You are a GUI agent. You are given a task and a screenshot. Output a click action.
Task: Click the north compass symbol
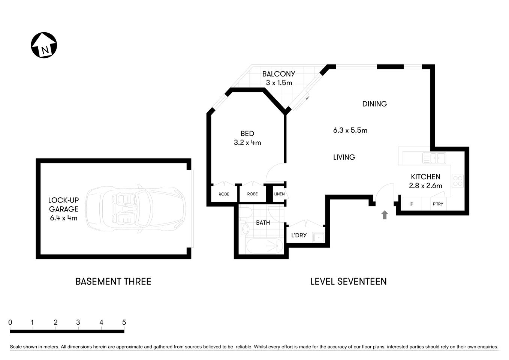44,45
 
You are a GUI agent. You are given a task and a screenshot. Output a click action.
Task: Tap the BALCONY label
278,74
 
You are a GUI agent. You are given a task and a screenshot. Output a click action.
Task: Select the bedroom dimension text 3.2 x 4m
247,142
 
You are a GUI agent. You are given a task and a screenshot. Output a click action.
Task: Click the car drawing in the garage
136,209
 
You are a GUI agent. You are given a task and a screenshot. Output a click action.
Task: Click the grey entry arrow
384,214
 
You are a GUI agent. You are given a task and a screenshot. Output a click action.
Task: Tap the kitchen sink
434,158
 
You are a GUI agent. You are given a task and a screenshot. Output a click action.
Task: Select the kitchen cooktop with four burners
458,181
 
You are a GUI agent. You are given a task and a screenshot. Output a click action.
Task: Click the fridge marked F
412,204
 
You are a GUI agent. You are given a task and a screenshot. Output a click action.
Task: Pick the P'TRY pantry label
438,204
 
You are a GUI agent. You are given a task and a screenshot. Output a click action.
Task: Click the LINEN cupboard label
279,194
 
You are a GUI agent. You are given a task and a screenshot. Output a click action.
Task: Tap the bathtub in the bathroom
264,246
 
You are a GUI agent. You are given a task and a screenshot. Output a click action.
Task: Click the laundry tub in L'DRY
319,237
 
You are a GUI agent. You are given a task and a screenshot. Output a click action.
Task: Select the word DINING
374,104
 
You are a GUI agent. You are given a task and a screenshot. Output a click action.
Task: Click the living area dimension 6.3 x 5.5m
350,130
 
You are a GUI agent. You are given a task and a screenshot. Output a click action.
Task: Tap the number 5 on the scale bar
124,322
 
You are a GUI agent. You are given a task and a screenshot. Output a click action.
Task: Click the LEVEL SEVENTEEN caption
348,281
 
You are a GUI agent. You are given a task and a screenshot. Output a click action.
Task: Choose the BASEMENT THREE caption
113,281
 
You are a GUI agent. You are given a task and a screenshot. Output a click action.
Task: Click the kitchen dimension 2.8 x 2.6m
425,186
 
